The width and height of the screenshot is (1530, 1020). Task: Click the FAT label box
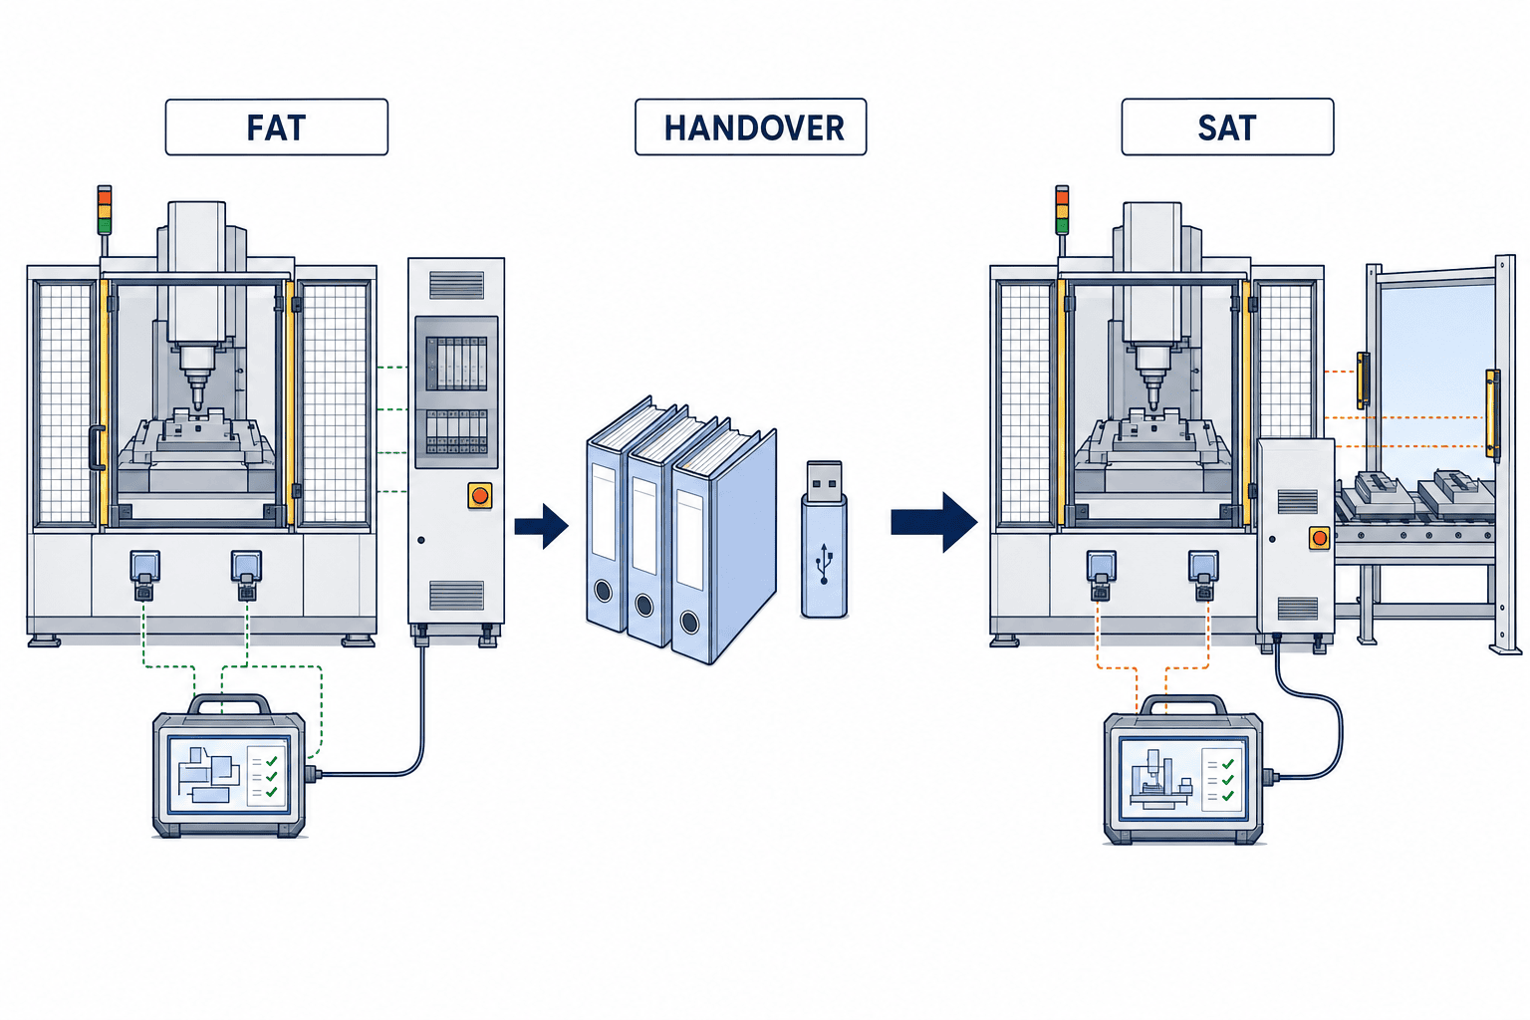(x=277, y=127)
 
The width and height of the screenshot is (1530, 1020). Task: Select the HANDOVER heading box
(x=751, y=127)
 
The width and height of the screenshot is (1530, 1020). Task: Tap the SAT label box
(x=1227, y=127)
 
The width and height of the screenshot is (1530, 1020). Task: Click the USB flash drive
(x=825, y=540)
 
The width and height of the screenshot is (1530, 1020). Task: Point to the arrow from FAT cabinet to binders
(x=542, y=526)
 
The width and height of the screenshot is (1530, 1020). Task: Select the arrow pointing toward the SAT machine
(x=933, y=523)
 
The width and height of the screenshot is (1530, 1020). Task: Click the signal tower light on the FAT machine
(x=104, y=210)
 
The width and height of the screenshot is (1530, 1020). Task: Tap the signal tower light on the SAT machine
(x=1062, y=210)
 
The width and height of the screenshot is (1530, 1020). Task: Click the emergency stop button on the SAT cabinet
(x=1320, y=538)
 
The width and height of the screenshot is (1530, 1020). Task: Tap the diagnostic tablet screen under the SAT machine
(x=1182, y=778)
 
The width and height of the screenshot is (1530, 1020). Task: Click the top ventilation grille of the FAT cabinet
(x=456, y=285)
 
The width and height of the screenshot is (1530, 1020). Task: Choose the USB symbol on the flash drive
(x=825, y=564)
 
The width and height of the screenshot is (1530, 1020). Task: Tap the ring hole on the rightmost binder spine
(x=690, y=623)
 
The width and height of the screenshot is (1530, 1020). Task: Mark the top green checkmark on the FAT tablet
(x=271, y=761)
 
